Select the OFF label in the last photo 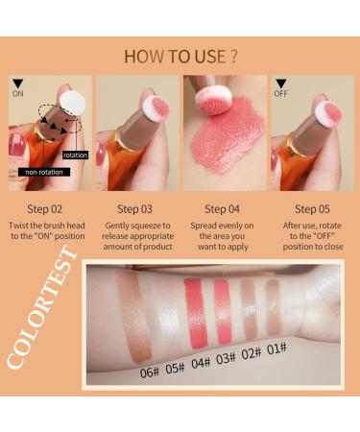coord(280,94)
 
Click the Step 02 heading coord(46,208)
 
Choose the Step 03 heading coord(134,208)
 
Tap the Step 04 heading coord(223,208)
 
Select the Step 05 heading coord(312,208)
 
